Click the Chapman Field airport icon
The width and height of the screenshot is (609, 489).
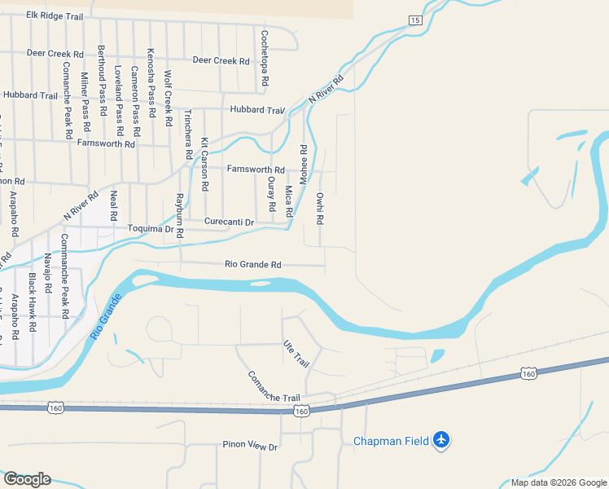441,440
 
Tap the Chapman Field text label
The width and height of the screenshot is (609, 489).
391,442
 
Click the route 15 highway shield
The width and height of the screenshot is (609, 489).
415,20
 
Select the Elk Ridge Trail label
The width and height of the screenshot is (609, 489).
55,15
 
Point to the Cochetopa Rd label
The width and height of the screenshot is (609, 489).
265,59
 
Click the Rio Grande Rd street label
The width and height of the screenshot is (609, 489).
253,264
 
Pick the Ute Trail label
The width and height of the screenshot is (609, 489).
297,353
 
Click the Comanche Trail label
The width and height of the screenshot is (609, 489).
274,386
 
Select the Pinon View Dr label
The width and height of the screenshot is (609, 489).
250,447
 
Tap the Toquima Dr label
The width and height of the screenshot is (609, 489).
151,229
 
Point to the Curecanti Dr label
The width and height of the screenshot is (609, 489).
229,222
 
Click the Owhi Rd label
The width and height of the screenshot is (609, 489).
321,208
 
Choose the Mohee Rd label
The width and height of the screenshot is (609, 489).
304,165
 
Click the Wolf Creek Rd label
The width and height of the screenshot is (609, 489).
168,97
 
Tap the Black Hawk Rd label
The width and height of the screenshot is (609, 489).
33,302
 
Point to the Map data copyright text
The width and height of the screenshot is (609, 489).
558,482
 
